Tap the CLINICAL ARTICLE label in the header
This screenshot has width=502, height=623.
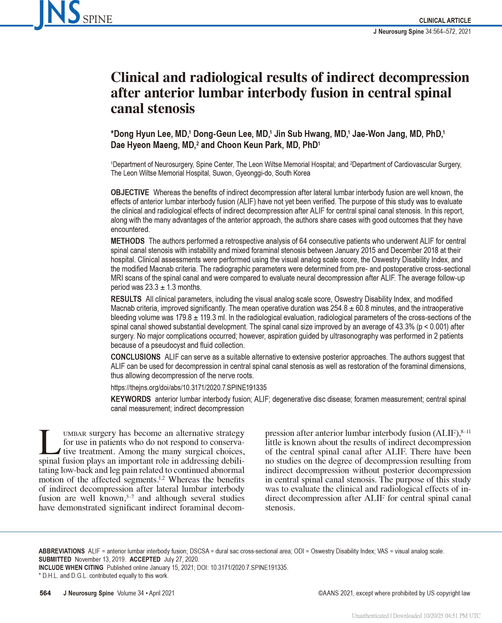click(445, 21)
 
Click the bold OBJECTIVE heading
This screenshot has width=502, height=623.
click(130, 192)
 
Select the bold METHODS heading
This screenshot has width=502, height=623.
click(127, 241)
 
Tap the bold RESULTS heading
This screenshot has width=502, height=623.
click(126, 299)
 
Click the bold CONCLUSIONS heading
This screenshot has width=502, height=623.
click(135, 357)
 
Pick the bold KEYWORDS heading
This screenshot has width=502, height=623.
click(131, 399)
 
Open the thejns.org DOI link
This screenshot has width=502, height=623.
click(189, 388)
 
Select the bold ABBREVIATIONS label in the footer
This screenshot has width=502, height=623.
click(62, 551)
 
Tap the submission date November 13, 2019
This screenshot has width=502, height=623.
click(100, 559)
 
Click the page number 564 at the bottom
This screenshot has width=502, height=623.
click(45, 593)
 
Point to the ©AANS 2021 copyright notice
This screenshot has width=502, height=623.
click(394, 593)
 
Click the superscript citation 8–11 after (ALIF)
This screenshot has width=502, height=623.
click(466, 432)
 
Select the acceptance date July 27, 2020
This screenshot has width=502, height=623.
click(181, 559)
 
